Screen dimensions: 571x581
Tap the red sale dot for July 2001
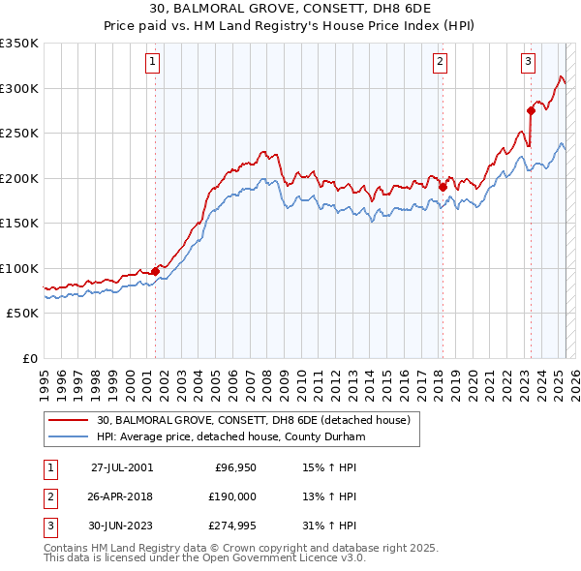click(155, 271)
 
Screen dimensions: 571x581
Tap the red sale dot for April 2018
click(443, 187)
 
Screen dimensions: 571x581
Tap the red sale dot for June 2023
click(531, 110)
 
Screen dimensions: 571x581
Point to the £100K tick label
click(18, 268)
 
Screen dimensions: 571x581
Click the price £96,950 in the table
click(232, 466)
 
